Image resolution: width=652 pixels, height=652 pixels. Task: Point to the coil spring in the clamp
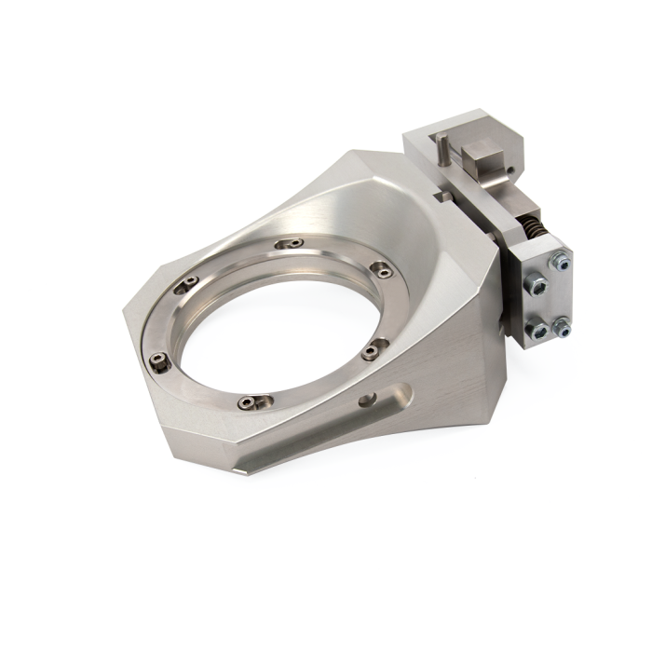click(533, 228)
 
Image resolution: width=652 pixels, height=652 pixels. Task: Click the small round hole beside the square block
click(509, 168)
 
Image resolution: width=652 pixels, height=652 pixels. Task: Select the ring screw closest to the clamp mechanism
click(381, 270)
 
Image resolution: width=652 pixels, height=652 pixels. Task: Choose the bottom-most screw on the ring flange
click(246, 402)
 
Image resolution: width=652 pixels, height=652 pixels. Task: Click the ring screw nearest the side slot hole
click(371, 351)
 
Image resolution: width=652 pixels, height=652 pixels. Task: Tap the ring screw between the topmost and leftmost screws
click(190, 283)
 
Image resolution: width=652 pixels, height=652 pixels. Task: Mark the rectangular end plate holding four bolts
click(541, 298)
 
